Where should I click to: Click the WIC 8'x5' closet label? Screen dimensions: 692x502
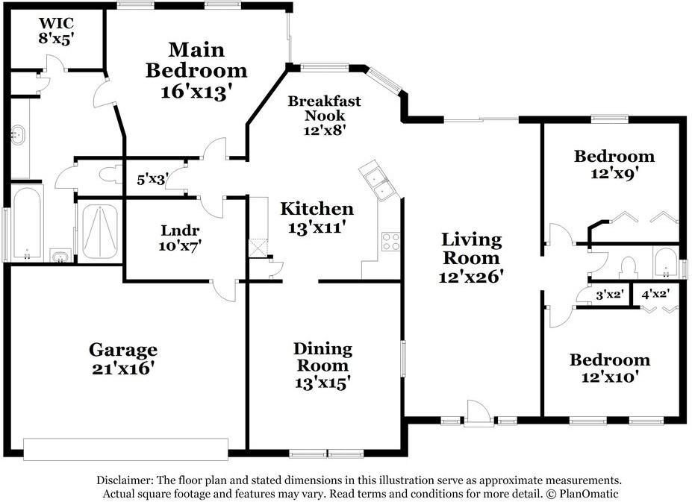pos(55,31)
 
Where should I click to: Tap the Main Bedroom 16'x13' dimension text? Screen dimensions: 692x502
pos(196,92)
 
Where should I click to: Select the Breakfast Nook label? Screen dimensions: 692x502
pos(325,108)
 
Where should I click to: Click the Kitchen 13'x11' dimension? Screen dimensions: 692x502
pos(316,228)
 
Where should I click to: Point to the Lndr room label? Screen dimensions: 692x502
pos(180,230)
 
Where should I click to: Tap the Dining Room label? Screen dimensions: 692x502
pos(322,357)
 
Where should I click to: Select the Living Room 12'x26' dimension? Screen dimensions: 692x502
pos(471,277)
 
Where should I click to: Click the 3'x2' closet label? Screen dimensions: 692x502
pos(609,294)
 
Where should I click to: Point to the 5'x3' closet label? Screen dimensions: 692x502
pos(151,180)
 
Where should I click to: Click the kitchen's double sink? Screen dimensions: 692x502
pos(378,181)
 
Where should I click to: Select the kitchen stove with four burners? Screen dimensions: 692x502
pos(391,241)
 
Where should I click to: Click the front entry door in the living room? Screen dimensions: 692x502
pos(479,413)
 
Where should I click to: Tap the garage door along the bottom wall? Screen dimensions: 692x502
pos(125,449)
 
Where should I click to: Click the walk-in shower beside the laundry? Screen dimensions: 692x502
pos(100,231)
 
